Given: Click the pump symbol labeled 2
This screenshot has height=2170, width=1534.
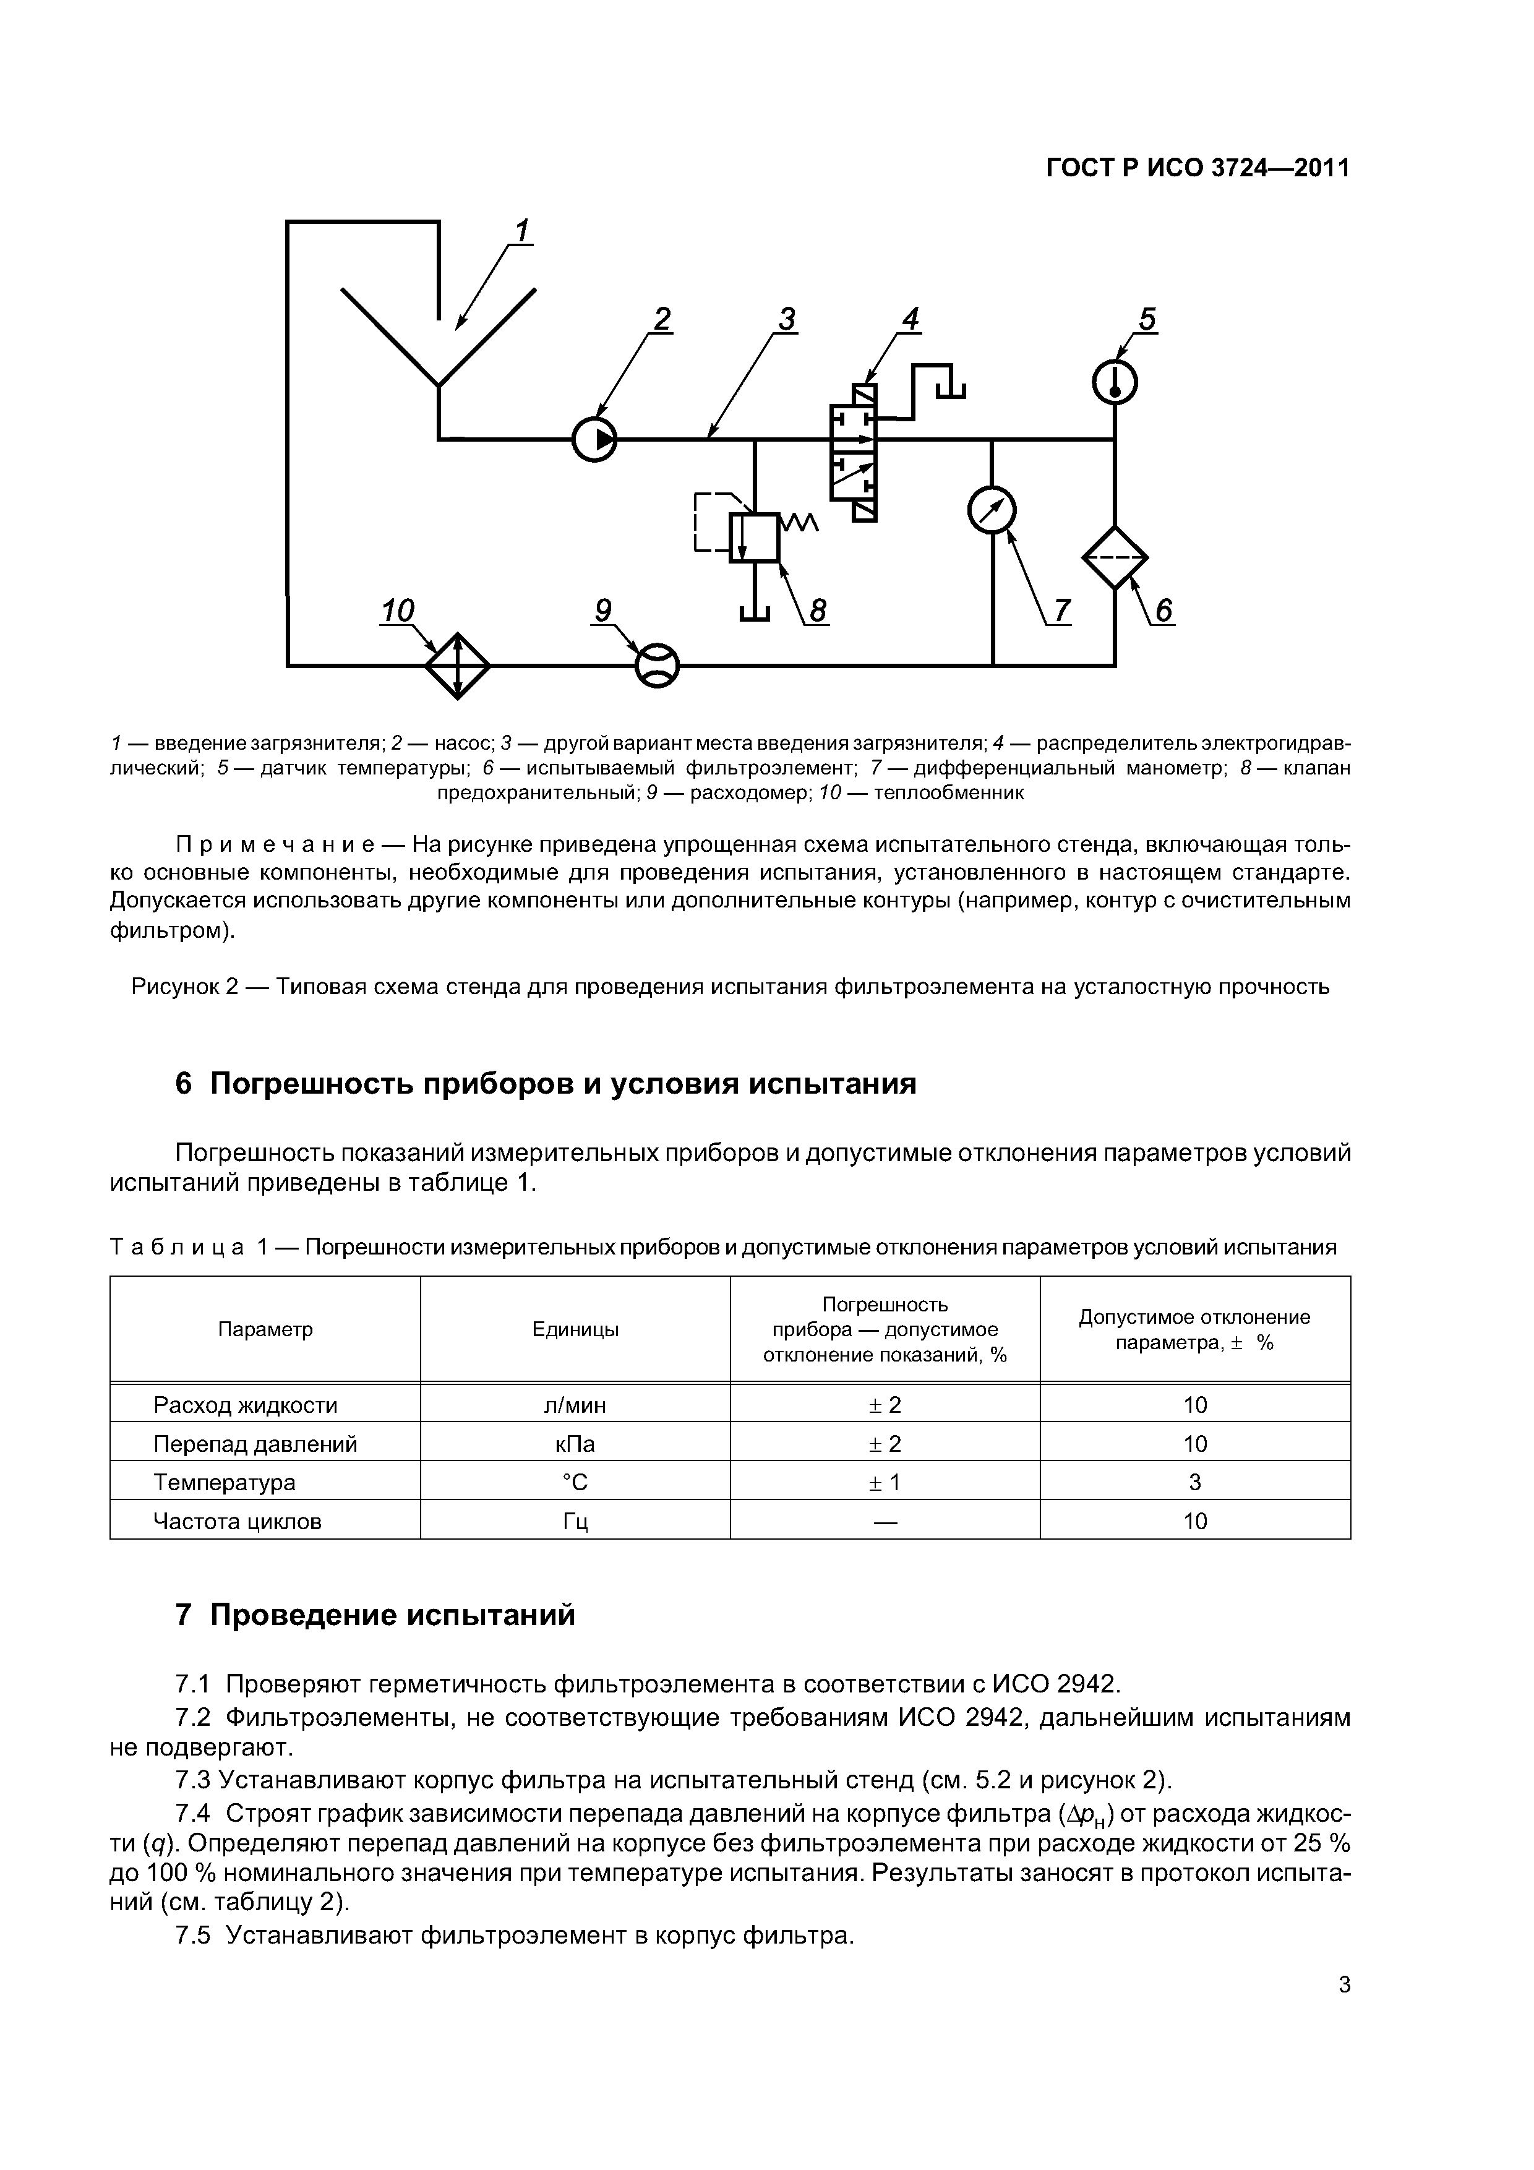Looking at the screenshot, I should (594, 439).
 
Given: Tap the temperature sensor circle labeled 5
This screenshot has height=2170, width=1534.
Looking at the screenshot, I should (1115, 384).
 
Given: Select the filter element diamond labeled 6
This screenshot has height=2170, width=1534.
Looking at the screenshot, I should (1115, 557).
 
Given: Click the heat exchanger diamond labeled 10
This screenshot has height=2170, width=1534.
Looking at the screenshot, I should (458, 666).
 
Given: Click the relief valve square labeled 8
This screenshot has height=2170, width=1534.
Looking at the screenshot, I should (754, 537).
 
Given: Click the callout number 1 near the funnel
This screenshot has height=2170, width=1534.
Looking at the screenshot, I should (521, 231).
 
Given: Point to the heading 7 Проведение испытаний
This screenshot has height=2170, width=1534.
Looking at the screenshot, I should (375, 1615).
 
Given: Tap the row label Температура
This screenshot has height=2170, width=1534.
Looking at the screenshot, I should (225, 1483).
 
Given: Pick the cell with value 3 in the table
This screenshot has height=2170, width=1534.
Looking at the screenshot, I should (1194, 1483).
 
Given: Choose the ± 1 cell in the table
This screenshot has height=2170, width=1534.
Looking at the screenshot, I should (885, 1483).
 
